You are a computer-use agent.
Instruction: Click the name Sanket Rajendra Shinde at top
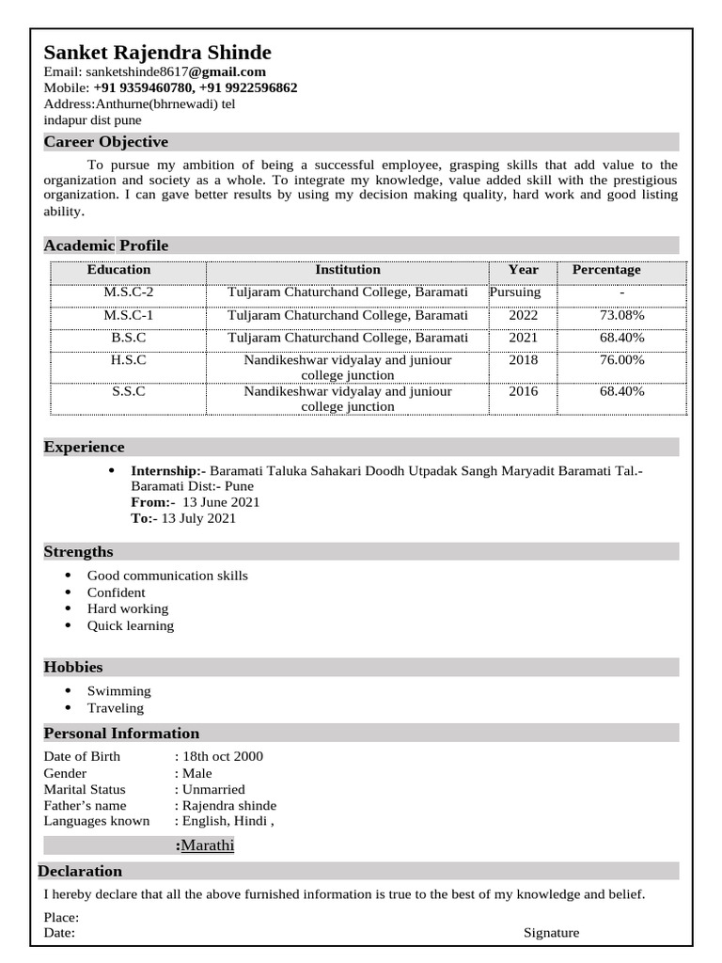tap(157, 52)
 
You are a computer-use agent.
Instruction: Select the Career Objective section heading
tap(106, 142)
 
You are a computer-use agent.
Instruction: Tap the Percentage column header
tap(606, 270)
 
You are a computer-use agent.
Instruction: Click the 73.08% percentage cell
tap(621, 315)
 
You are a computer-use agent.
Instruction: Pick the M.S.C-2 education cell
tap(128, 292)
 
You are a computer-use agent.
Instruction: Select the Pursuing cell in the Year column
tap(515, 292)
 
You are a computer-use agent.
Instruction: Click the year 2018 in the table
tap(523, 360)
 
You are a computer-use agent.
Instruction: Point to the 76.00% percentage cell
tap(621, 360)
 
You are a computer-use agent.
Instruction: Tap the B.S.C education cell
tap(128, 338)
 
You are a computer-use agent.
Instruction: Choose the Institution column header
tap(348, 270)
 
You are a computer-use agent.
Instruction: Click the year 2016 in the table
tap(523, 391)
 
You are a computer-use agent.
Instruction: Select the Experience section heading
tap(84, 447)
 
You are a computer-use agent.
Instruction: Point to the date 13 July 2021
tap(198, 518)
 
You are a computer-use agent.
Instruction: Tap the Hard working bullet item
tap(128, 609)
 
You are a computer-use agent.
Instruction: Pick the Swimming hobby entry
tap(118, 691)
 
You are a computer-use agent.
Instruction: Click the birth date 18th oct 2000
tap(223, 756)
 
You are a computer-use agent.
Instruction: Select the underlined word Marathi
tap(207, 845)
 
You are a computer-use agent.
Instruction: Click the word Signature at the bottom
tap(551, 933)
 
